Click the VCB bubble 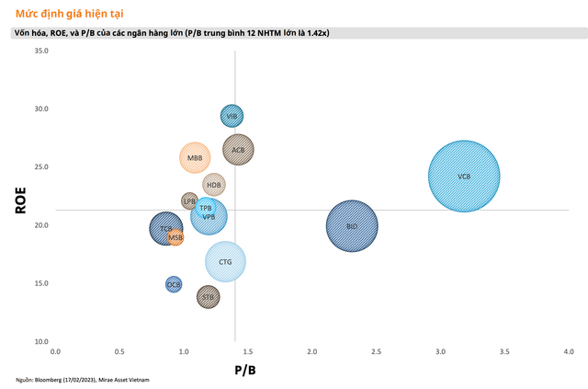point(464,176)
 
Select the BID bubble point(352,226)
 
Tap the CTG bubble point(225,262)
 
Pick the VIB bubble point(232,116)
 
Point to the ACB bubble point(238,149)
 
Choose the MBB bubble point(195,158)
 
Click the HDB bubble point(214,184)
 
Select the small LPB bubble point(189,200)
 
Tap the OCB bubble point(174,285)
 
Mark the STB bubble point(209,297)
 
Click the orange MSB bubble point(175,238)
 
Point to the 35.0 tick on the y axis point(40,51)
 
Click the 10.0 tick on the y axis point(40,341)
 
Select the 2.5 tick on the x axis point(376,352)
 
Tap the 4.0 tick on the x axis point(569,352)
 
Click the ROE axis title point(19,201)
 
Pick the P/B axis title point(244,370)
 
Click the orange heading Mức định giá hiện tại point(66,14)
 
